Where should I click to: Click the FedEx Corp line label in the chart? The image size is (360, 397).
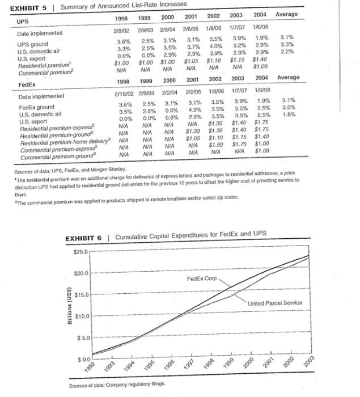(x=202, y=279)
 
